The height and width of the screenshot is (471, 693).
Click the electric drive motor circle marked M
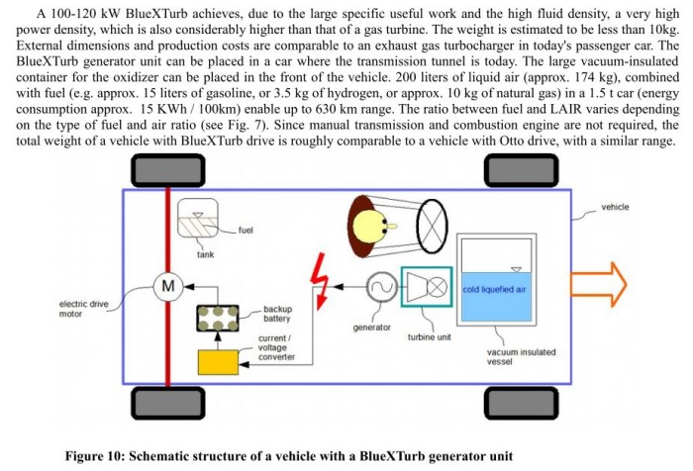(168, 286)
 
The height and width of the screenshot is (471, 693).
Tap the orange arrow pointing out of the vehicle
(599, 284)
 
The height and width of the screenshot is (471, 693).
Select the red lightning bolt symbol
(319, 281)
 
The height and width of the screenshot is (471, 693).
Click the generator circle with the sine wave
(382, 287)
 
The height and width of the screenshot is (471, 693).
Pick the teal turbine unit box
(427, 286)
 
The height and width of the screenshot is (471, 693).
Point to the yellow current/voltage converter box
(218, 362)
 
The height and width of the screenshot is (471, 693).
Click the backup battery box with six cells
(218, 319)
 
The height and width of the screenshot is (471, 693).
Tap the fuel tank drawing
(198, 219)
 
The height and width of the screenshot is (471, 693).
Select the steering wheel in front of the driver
(432, 227)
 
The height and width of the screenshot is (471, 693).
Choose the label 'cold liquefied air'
(494, 289)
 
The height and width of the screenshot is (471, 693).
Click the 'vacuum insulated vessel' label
(521, 356)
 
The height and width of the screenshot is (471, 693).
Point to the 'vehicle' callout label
(615, 207)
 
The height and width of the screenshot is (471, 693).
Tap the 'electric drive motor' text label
(83, 309)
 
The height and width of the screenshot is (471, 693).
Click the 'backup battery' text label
(277, 314)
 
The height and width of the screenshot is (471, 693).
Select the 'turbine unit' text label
(429, 337)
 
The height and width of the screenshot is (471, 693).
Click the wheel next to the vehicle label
(522, 170)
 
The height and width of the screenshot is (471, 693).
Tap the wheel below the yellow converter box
(168, 403)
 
